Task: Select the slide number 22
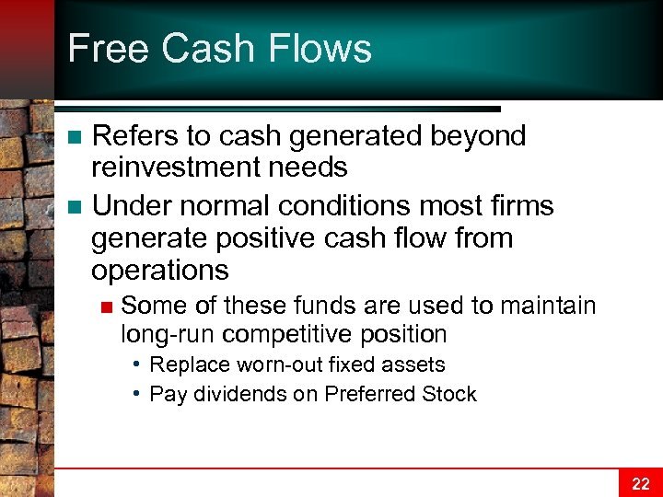pos(640,483)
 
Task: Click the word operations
pos(159,270)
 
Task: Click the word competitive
pos(290,333)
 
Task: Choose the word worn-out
pos(275,364)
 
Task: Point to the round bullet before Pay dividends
pos(135,393)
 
